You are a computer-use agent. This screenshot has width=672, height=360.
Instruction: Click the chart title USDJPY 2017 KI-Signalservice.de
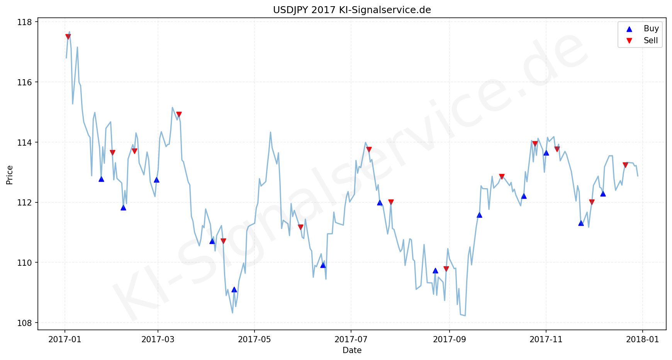[x=352, y=10]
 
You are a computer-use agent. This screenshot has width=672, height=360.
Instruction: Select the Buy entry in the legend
[x=651, y=29]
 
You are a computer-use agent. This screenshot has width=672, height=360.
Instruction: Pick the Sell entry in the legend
[x=650, y=41]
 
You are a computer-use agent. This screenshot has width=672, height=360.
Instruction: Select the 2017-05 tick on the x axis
[x=255, y=339]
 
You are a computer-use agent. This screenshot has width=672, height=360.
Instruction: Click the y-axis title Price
[x=10, y=175]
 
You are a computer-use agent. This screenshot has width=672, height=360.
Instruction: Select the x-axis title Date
[x=352, y=350]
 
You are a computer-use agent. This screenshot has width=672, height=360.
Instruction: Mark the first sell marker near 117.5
[x=68, y=37]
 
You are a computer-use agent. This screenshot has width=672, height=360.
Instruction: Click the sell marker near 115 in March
[x=179, y=114]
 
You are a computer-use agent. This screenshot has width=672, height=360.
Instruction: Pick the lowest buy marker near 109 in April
[x=234, y=289]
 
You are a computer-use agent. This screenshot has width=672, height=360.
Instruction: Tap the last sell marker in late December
[x=625, y=165]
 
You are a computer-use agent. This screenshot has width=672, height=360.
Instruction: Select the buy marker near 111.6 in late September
[x=479, y=215]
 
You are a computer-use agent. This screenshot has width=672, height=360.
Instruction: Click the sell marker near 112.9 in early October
[x=502, y=177]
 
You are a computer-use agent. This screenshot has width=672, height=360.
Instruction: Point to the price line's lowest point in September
[x=465, y=316]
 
